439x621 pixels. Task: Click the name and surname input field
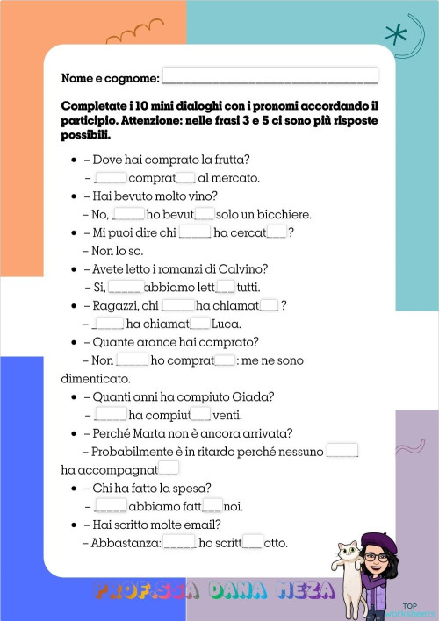tap(270, 76)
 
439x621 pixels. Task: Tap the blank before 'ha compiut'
tap(110, 415)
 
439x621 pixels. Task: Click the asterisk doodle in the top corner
tap(397, 34)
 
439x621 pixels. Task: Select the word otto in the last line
tap(276, 543)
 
